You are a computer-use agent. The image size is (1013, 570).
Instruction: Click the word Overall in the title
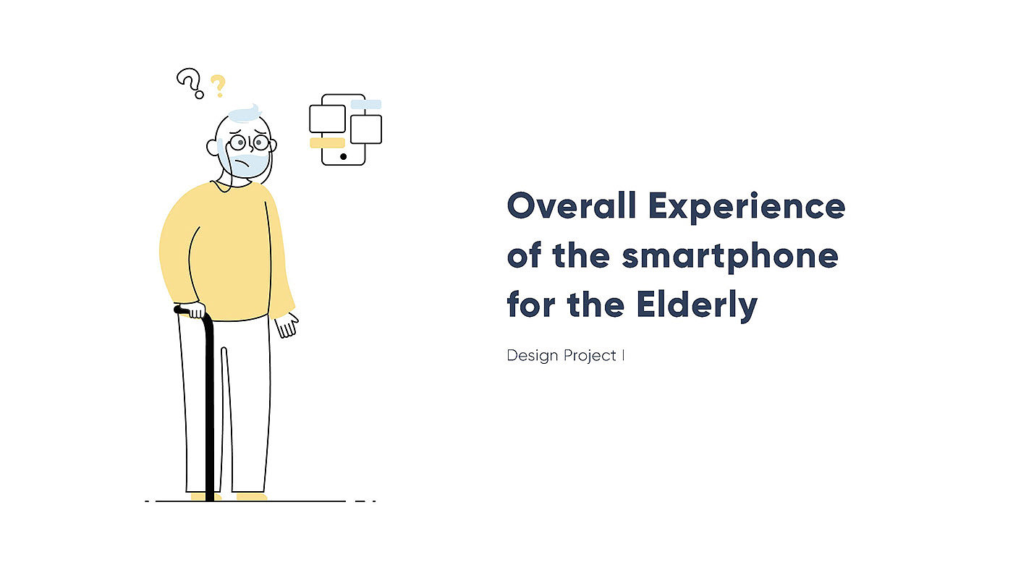(x=572, y=205)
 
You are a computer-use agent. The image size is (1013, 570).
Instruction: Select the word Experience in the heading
(x=747, y=207)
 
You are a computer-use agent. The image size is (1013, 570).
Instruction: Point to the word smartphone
(x=730, y=256)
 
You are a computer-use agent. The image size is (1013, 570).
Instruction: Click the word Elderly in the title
(x=697, y=305)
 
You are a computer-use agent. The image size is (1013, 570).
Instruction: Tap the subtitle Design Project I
(x=565, y=356)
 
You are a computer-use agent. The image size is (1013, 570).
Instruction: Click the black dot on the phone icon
(x=343, y=157)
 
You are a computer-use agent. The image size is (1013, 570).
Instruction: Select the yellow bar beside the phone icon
(x=327, y=142)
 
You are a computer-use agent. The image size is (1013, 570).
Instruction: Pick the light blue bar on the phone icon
(x=366, y=104)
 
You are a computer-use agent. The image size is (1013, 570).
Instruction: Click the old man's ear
(x=211, y=148)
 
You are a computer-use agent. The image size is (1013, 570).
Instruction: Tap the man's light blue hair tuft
(x=245, y=114)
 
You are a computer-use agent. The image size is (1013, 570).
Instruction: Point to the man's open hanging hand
(x=287, y=326)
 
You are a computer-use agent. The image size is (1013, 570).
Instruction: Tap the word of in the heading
(x=524, y=255)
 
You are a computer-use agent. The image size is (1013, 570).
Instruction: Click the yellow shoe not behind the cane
(x=252, y=497)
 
